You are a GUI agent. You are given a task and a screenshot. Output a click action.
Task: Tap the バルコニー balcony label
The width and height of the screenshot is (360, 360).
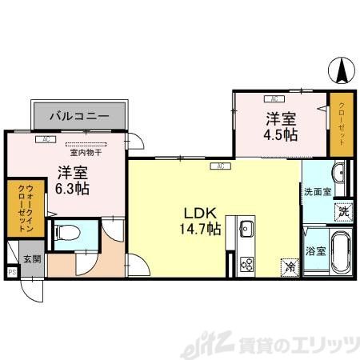click(x=79, y=117)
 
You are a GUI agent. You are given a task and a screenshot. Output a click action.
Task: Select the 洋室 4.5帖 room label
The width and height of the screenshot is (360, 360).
click(x=282, y=126)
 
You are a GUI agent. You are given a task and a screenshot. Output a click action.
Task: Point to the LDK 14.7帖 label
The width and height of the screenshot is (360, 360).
click(x=202, y=221)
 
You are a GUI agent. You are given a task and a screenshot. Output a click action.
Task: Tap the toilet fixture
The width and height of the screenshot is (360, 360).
click(x=69, y=234)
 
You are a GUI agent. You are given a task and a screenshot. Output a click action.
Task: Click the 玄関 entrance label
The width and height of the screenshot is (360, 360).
click(x=31, y=258)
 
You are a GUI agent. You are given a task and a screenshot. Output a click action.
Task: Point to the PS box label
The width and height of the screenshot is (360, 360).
click(x=11, y=272)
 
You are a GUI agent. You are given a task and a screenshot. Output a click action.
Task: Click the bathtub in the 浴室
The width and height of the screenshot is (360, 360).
click(x=340, y=254)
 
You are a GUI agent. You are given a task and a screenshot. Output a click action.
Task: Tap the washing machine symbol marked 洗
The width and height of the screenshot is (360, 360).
click(x=342, y=213)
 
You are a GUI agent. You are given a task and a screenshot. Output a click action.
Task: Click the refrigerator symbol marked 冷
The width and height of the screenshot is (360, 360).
click(x=287, y=269)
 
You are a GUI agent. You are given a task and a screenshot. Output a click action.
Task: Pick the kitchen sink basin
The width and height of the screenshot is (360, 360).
click(x=246, y=230)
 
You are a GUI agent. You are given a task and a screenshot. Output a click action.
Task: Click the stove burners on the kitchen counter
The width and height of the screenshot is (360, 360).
click(x=246, y=263)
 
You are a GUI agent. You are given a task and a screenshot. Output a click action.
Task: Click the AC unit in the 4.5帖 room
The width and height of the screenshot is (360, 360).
click(x=274, y=99)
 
